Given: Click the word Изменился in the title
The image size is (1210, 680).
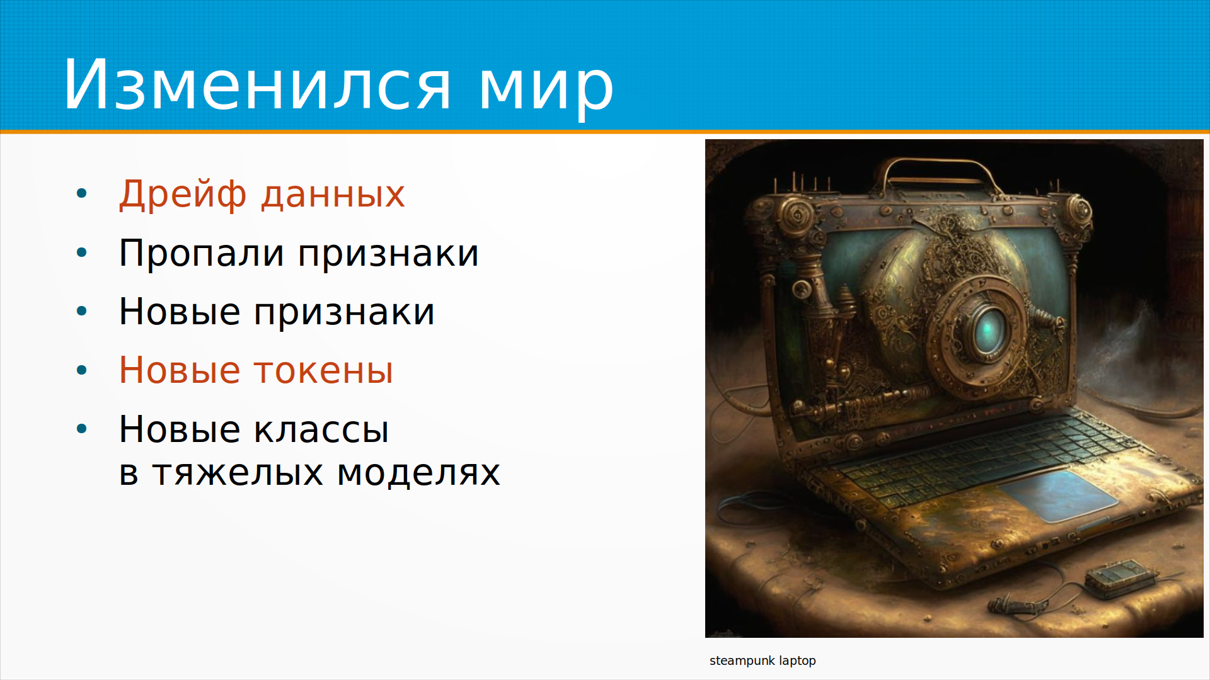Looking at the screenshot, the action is click(x=257, y=86).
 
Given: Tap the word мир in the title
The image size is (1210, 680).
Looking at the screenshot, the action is click(x=546, y=90).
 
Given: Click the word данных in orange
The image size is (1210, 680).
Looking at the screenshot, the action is click(x=333, y=195).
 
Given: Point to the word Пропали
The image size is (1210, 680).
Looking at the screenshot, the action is click(x=202, y=254).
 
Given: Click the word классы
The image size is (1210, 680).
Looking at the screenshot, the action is click(x=321, y=430).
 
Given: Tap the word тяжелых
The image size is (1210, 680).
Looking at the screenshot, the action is click(x=238, y=473).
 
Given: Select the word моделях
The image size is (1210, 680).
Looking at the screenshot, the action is click(x=418, y=473).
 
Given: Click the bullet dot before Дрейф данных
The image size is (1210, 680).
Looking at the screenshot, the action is click(x=81, y=193).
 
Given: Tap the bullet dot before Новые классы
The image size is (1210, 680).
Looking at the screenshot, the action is click(x=81, y=429).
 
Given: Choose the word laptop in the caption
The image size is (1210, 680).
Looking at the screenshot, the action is click(x=798, y=661).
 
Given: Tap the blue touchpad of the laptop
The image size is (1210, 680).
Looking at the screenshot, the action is click(x=1057, y=495).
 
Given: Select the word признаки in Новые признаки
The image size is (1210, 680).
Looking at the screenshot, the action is click(x=344, y=313).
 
